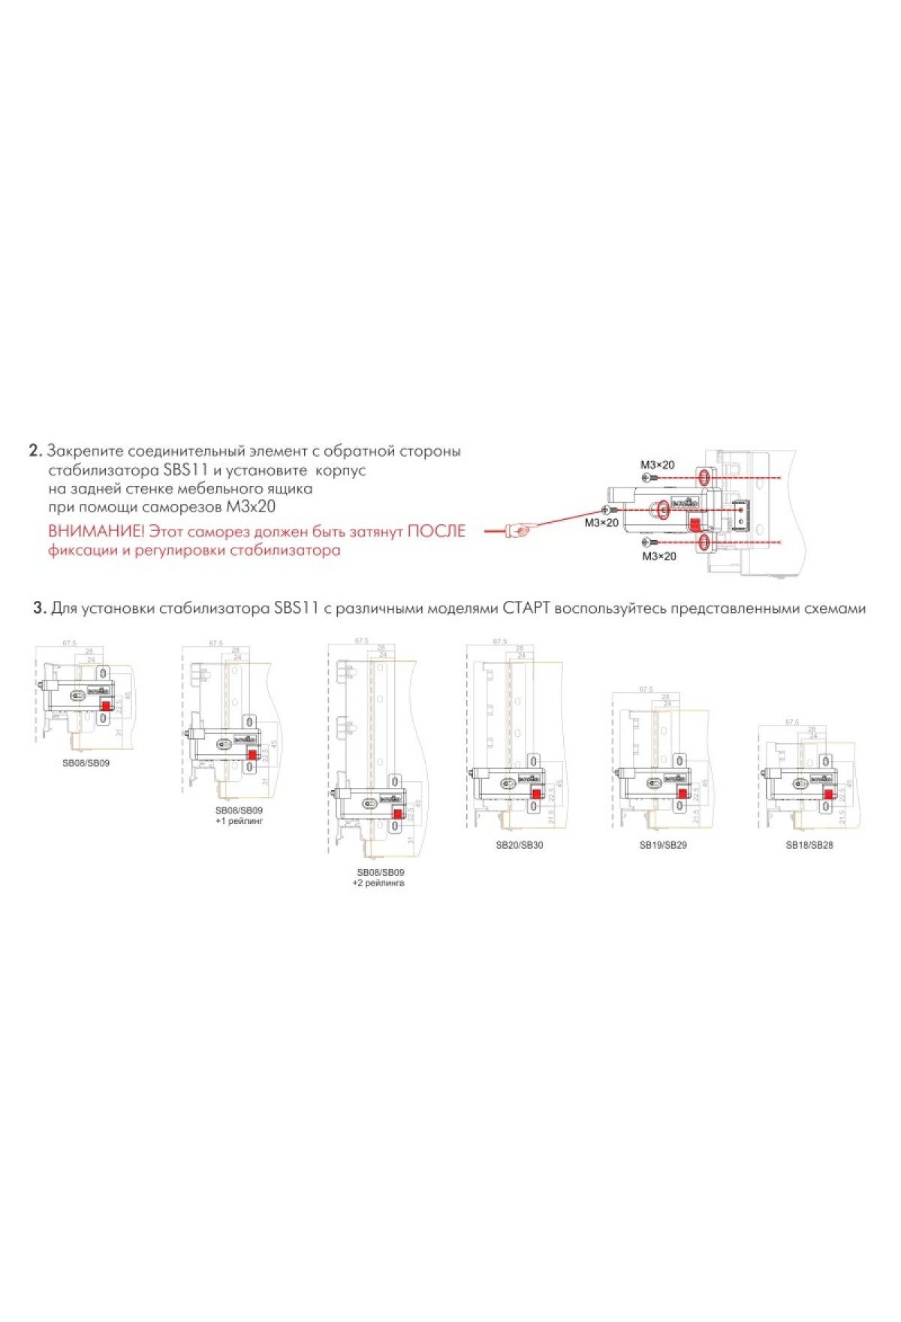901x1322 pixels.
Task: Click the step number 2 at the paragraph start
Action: point(35,451)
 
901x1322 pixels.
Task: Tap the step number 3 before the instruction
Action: point(39,608)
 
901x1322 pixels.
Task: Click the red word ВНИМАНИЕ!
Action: point(96,532)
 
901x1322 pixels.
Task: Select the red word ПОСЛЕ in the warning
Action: point(436,532)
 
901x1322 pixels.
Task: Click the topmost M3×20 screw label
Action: point(657,465)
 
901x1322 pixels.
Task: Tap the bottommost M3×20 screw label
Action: point(658,557)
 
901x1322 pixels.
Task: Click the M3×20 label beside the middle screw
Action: point(601,523)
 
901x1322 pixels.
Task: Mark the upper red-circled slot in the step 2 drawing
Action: point(704,478)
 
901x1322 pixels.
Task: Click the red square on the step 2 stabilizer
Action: point(696,524)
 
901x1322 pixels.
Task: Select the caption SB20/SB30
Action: point(519,845)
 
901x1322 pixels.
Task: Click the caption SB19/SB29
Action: point(663,845)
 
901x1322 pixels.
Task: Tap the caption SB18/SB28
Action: point(809,845)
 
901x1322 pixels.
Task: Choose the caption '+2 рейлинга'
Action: point(378,883)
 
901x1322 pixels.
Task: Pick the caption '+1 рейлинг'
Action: point(240,821)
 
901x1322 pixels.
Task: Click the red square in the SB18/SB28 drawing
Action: point(828,795)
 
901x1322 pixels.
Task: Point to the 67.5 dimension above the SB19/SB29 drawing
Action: point(646,690)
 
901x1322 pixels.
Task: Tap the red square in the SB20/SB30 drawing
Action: point(536,794)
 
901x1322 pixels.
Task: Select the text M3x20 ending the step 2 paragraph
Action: point(251,507)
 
